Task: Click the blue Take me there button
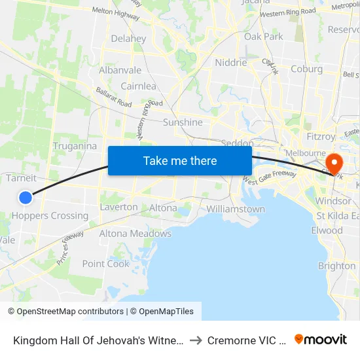click(180, 160)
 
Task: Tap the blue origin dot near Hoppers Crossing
click(26, 197)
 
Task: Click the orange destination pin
click(333, 164)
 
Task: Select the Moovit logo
click(321, 340)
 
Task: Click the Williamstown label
click(236, 209)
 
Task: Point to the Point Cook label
click(106, 263)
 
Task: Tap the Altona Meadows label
click(135, 234)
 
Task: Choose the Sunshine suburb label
click(183, 122)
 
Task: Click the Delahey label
click(128, 39)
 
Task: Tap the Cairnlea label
click(138, 86)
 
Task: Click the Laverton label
click(118, 207)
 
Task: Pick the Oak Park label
click(264, 37)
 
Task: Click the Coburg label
click(306, 69)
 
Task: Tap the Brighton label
click(336, 266)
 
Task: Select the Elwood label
click(327, 230)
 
